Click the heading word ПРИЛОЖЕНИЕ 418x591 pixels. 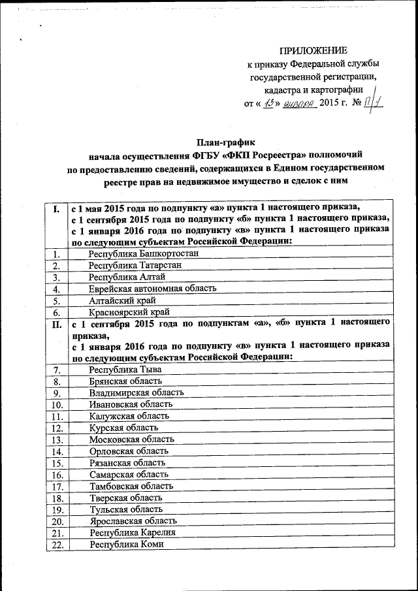coord(313,51)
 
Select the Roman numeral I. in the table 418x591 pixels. coord(57,210)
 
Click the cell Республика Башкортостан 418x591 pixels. coord(138,253)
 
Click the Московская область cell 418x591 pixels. coord(132,439)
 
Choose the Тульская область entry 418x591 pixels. coord(126,509)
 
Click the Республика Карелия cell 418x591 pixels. coord(129,533)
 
